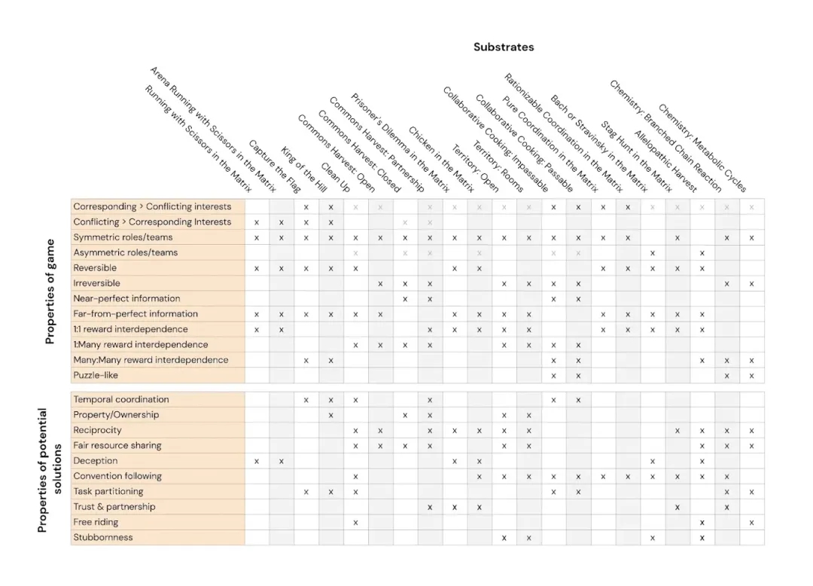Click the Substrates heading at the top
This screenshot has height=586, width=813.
tap(503, 47)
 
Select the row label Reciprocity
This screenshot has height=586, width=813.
tap(97, 430)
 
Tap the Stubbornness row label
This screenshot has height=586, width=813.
tap(102, 537)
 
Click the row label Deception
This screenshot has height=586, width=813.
tap(95, 460)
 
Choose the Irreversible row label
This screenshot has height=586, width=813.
tap(98, 283)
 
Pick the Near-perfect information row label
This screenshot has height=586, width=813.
tap(126, 298)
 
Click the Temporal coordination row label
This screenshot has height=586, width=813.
tap(120, 399)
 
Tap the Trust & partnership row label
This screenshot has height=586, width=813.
tap(114, 506)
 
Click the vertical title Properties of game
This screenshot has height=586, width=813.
tap(50, 291)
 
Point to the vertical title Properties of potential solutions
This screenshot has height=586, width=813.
tap(48, 470)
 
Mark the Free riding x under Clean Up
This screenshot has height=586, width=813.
tap(355, 522)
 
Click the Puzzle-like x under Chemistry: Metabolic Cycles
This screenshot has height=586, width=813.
tap(751, 375)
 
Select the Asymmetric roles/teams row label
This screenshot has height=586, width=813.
tap(125, 252)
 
